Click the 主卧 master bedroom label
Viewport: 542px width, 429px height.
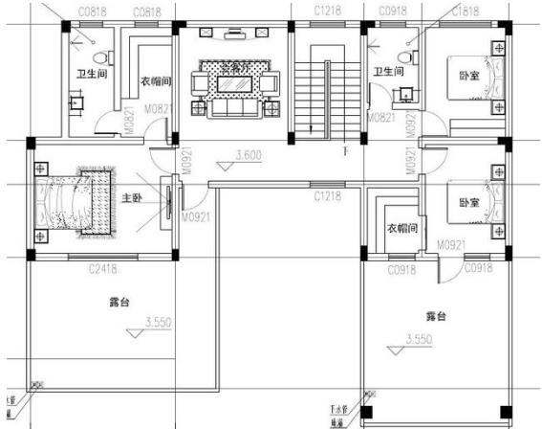point(132,199)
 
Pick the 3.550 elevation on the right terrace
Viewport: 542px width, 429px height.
point(419,339)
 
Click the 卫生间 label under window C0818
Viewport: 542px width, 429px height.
point(91,73)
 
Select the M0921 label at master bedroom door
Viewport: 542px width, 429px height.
point(197,217)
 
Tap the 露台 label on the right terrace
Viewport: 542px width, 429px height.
point(436,316)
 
